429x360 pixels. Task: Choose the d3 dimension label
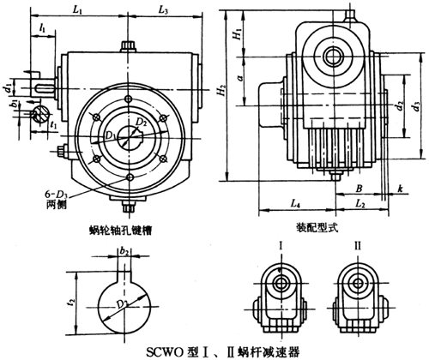point(416,106)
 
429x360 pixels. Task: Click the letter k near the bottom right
point(399,186)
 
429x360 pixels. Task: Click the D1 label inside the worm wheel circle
point(109,135)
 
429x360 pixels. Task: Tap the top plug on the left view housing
point(127,45)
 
